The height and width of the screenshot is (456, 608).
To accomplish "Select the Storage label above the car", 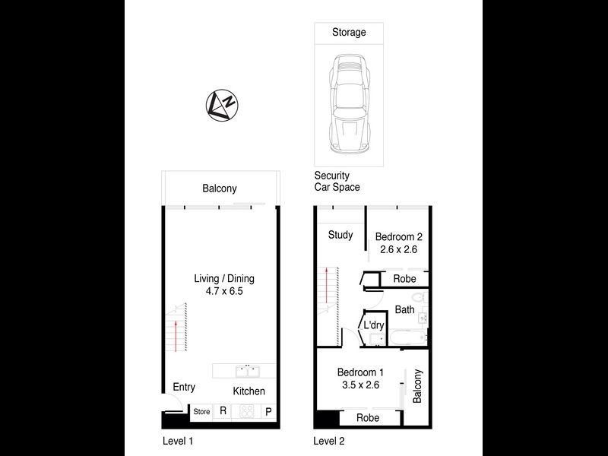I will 349,33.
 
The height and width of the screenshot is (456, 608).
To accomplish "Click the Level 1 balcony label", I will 220,188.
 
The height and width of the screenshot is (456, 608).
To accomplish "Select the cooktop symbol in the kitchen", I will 246,411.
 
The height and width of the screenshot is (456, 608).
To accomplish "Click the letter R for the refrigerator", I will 223,411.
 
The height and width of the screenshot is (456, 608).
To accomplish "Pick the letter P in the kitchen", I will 268,411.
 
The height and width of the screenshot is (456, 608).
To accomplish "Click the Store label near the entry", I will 201,412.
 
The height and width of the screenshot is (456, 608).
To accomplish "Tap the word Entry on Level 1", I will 184,388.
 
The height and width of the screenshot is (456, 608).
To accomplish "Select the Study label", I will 340,235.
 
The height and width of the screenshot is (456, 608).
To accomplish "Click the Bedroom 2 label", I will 399,236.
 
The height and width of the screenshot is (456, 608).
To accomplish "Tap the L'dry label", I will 374,325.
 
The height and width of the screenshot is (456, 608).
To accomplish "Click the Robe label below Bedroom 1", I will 368,417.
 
